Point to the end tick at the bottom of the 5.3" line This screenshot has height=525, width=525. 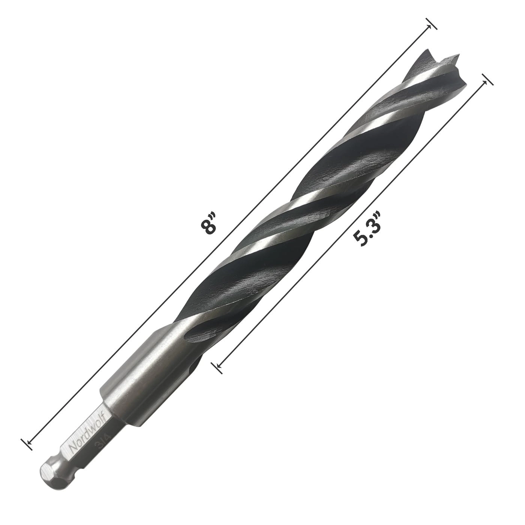[216, 367]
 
